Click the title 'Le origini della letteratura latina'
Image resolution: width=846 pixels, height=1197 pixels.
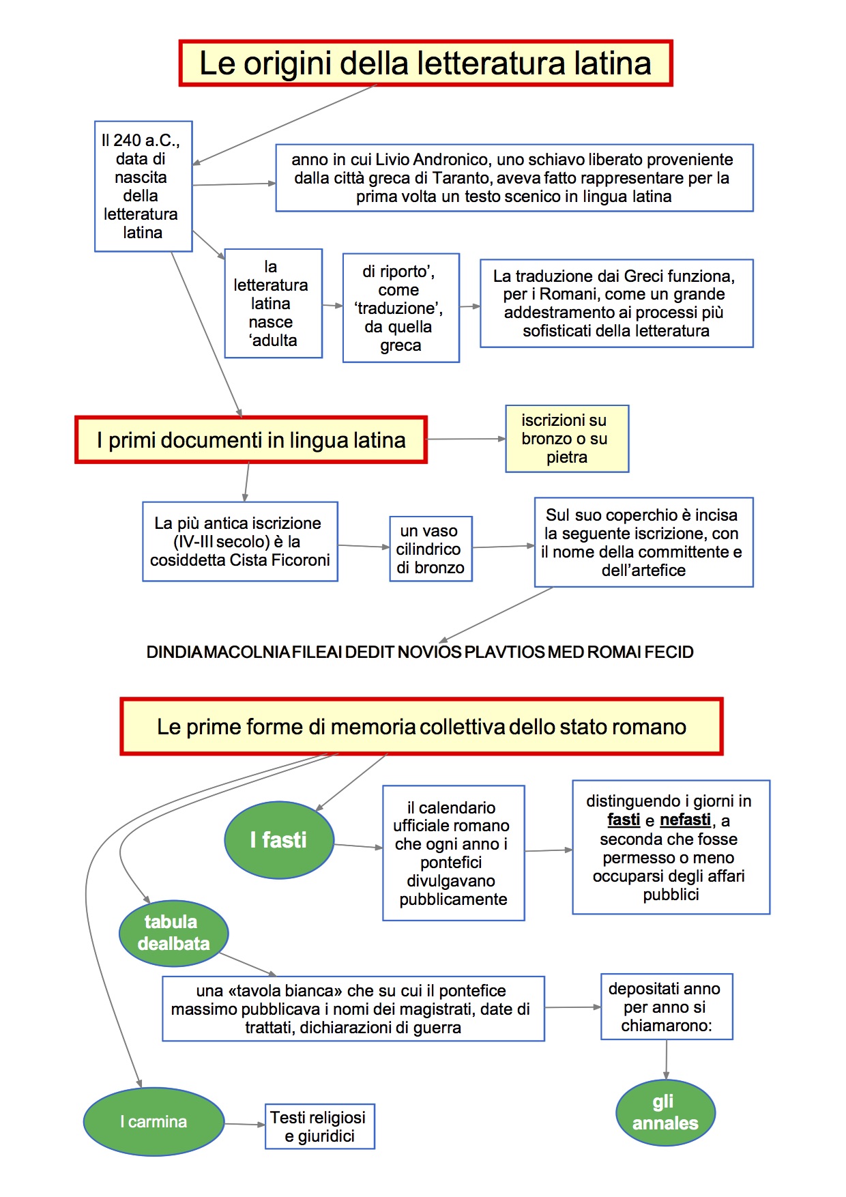click(426, 63)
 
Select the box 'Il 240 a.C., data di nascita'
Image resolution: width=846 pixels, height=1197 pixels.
click(143, 186)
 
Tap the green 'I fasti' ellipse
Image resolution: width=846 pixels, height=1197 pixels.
click(279, 839)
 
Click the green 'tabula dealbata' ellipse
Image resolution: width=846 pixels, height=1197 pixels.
click(173, 933)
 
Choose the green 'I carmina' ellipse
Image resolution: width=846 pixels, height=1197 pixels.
click(154, 1121)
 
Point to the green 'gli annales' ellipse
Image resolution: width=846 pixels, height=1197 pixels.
click(665, 1112)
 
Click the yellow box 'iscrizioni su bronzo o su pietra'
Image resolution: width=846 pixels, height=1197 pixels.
click(566, 439)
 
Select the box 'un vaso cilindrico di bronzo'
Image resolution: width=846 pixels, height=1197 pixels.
click(431, 549)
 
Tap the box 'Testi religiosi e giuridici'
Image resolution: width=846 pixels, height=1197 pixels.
click(319, 1126)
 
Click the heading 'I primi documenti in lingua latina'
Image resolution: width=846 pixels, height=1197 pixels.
click(251, 440)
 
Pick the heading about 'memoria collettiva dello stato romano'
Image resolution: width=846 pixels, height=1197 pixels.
click(421, 726)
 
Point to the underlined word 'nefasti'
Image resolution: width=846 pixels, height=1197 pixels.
click(685, 820)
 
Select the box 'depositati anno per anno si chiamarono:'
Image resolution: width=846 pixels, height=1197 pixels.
click(667, 1007)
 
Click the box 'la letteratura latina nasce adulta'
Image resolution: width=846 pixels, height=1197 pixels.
click(273, 303)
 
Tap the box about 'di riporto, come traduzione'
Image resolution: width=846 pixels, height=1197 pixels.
click(400, 308)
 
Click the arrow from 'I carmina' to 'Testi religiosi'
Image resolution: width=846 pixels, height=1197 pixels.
click(245, 1124)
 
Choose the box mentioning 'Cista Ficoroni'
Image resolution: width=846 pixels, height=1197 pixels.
click(240, 542)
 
